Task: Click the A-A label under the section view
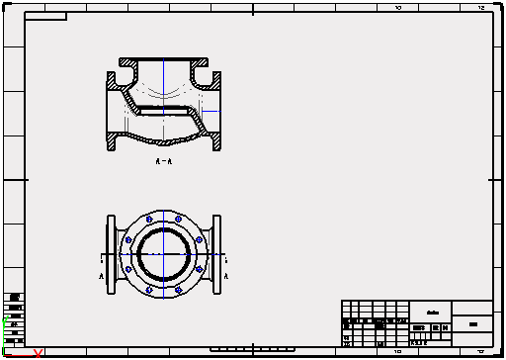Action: tap(164, 160)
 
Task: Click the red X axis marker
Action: tap(38, 353)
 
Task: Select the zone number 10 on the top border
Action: tap(398, 7)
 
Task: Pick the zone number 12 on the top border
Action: tap(480, 7)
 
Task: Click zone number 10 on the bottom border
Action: tap(398, 351)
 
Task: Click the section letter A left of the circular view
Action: tap(101, 278)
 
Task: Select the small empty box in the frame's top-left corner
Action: tap(45, 17)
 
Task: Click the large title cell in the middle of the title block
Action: tap(432, 309)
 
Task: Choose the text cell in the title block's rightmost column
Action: tap(472, 324)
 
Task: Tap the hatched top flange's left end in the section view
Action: tap(126, 61)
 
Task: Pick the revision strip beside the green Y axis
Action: tap(15, 315)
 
